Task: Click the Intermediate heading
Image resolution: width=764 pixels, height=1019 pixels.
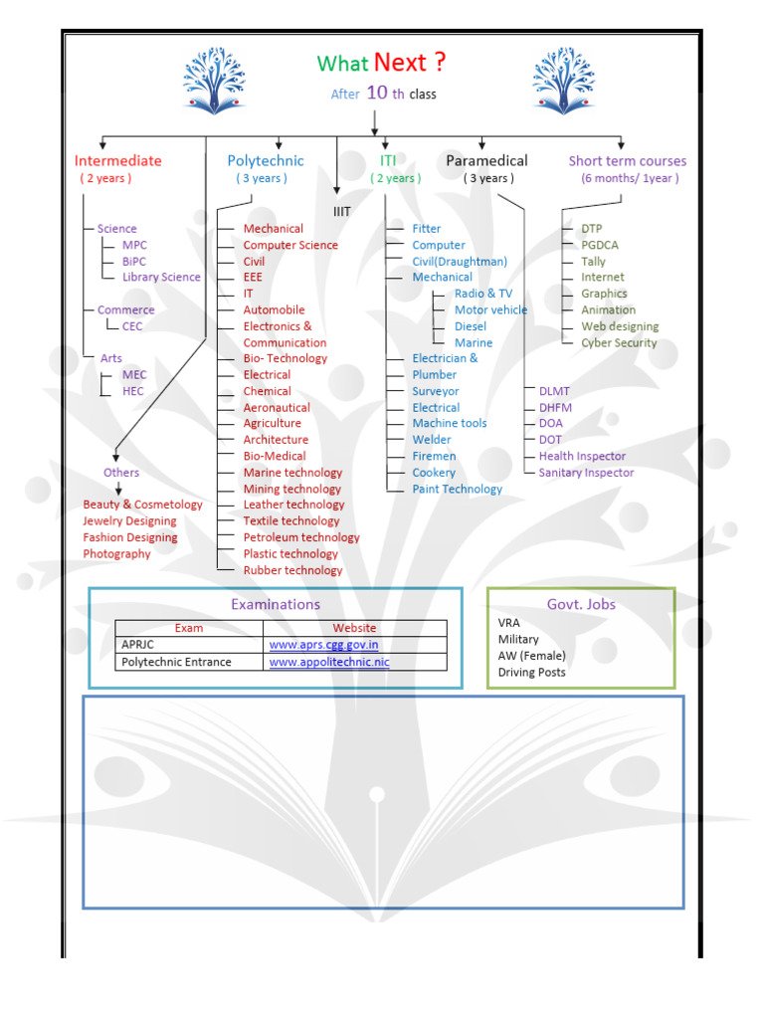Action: coord(117,161)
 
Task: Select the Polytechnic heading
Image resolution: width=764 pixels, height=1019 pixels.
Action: coord(266,161)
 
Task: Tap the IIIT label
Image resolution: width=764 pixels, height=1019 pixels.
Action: coord(342,211)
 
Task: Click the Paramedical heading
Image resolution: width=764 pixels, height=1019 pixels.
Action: coord(486,161)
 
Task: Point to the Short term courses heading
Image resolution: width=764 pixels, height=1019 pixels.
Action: coord(627,161)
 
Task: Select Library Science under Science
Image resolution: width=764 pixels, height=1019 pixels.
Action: coord(161,278)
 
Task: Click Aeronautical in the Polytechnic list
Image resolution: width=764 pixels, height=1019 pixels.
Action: coord(277,407)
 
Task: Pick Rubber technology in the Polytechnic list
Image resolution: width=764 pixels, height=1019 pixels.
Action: coord(292,570)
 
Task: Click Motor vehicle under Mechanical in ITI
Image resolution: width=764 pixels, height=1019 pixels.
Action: coord(490,309)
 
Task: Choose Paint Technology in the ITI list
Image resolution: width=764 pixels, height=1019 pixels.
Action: coord(458,489)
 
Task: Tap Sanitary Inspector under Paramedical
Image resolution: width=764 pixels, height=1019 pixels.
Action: coord(586,473)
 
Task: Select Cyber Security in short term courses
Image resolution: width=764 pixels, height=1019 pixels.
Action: coord(619,342)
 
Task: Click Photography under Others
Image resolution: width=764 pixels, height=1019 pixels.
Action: coord(116,554)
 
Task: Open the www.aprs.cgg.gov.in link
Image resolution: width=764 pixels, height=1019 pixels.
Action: coord(323,645)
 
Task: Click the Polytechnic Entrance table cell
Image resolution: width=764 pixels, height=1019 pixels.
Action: coord(176,662)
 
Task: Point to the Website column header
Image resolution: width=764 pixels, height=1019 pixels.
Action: coord(354,628)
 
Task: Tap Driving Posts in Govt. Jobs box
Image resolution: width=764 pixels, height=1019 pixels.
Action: coord(531,673)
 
